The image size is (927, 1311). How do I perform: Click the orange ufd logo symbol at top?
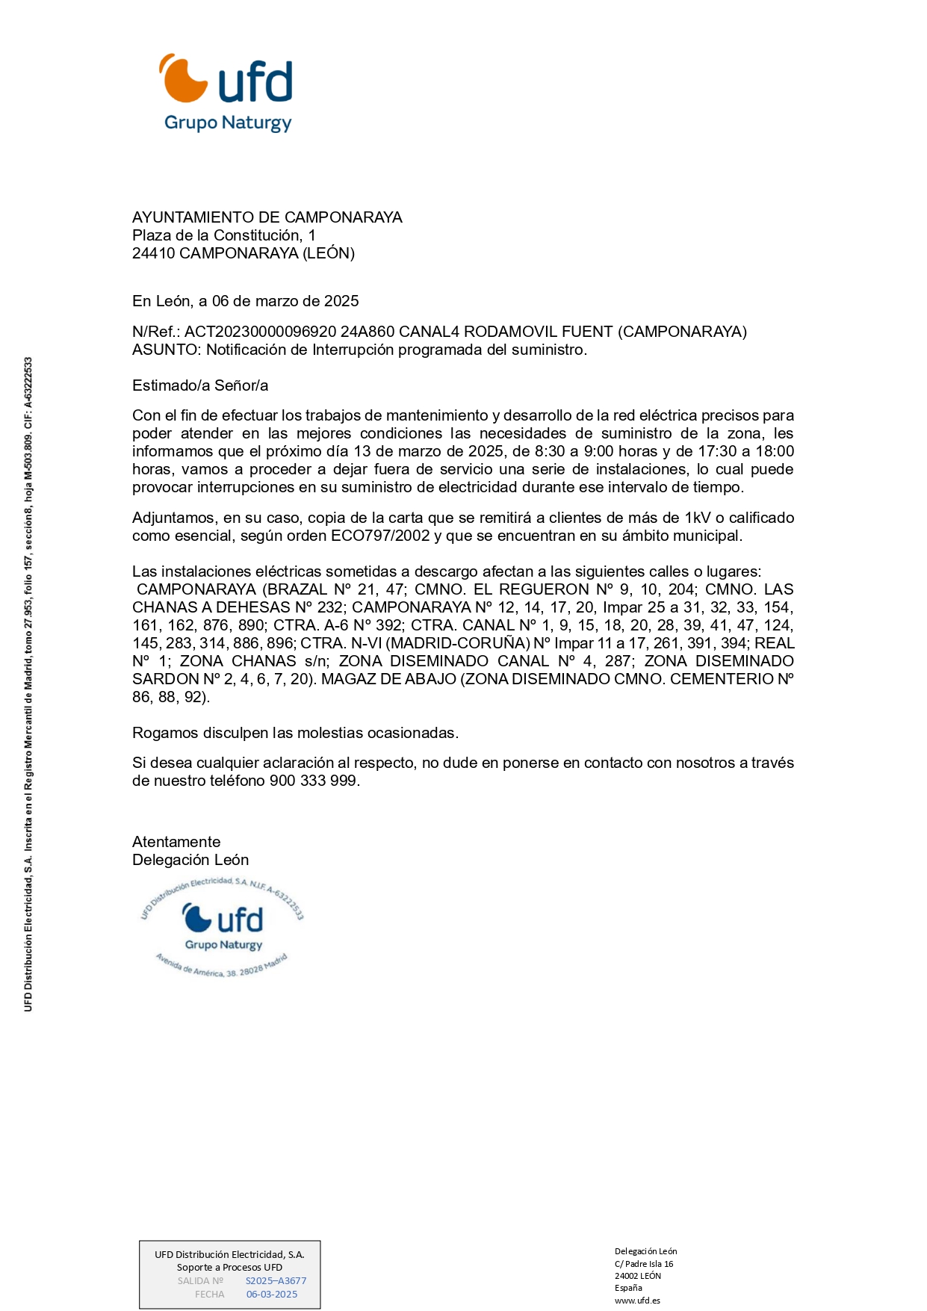pyautogui.click(x=182, y=78)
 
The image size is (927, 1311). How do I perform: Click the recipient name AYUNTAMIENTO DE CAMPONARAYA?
pyautogui.click(x=267, y=217)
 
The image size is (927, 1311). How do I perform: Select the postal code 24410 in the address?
pyautogui.click(x=153, y=253)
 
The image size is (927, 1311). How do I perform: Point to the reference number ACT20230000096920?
pyautogui.click(x=260, y=332)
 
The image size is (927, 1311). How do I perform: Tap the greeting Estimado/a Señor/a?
pyautogui.click(x=200, y=385)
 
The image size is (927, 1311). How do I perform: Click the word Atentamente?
pyautogui.click(x=176, y=842)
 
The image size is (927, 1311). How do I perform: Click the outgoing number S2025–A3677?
pyautogui.click(x=276, y=1280)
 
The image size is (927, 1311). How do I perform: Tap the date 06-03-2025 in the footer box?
pyautogui.click(x=272, y=1294)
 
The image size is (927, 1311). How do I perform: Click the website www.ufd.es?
pyautogui.click(x=637, y=1300)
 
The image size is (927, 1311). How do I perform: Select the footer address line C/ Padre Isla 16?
pyautogui.click(x=644, y=1264)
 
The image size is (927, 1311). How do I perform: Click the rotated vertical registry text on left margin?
pyautogui.click(x=28, y=684)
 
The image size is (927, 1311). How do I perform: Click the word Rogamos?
pyautogui.click(x=162, y=733)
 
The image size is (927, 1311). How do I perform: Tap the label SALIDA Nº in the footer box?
pyautogui.click(x=200, y=1280)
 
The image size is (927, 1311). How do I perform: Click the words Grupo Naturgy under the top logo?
pyautogui.click(x=228, y=123)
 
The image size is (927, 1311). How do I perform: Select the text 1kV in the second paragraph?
pyautogui.click(x=698, y=518)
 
